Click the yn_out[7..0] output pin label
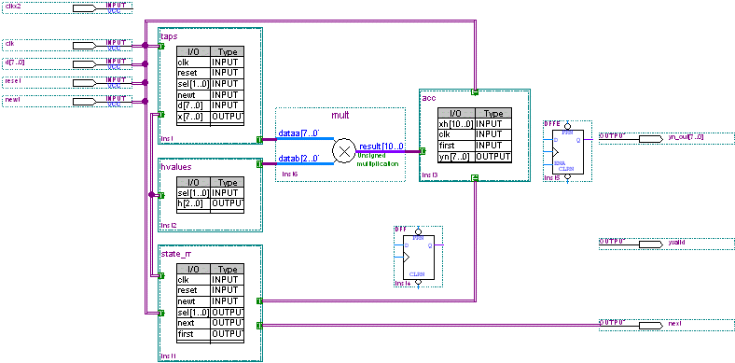coord(686,137)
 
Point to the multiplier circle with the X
coord(345,149)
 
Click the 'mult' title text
coord(340,115)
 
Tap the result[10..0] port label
coord(381,147)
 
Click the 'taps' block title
coord(169,35)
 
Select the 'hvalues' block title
coord(175,165)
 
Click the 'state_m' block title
coord(175,253)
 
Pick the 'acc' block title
coord(429,97)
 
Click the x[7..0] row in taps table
coord(192,116)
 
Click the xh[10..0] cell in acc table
coord(456,123)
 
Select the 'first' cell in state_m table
coord(192,333)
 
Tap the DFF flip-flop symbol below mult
coord(417,257)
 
